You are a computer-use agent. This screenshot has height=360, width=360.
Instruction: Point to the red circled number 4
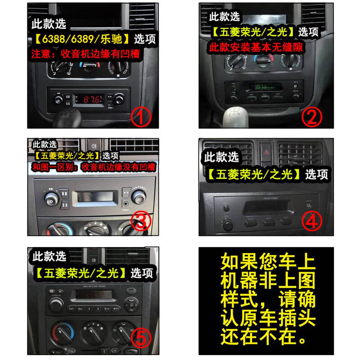point(312,221)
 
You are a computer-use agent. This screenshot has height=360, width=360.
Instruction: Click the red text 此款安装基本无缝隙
point(256,47)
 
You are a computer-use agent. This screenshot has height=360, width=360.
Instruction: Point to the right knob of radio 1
point(119,100)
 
